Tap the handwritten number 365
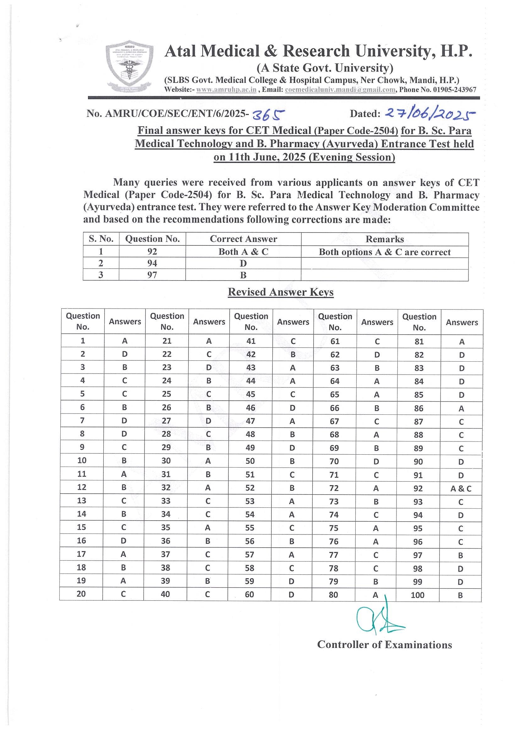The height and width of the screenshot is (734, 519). [x=268, y=114]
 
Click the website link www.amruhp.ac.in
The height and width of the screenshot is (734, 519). [x=226, y=90]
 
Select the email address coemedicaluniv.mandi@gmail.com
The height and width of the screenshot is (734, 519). [x=340, y=90]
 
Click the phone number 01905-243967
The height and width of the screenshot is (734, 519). [x=455, y=90]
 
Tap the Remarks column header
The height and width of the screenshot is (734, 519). [x=385, y=239]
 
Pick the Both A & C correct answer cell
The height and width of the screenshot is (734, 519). [x=243, y=252]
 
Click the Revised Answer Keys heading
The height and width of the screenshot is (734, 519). [x=281, y=292]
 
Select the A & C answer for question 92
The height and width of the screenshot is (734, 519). [x=461, y=489]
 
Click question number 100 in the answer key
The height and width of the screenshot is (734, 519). [x=418, y=595]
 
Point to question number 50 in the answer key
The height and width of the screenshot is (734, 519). [x=250, y=461]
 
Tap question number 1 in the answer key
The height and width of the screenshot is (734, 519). [x=83, y=341]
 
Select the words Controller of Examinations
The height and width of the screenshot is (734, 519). [x=385, y=644]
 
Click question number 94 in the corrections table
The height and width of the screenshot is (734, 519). [x=152, y=263]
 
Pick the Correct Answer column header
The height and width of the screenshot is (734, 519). [x=243, y=239]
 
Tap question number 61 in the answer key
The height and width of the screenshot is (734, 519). [x=335, y=342]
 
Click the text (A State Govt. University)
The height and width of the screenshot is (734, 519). [x=325, y=68]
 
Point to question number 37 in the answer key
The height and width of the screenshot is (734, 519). [x=165, y=554]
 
